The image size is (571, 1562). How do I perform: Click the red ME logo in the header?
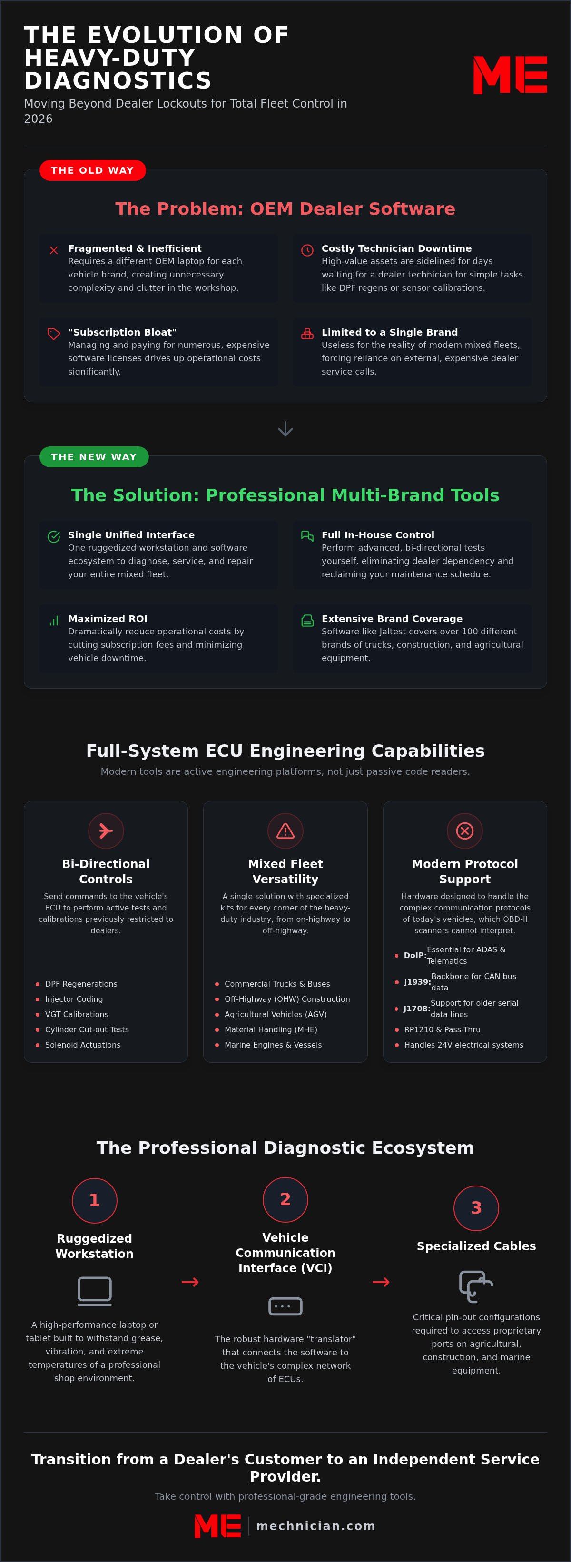tap(510, 75)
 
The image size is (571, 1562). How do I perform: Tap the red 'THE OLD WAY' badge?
tap(93, 170)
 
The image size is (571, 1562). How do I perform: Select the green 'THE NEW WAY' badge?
tap(94, 456)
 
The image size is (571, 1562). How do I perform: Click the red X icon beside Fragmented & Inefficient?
tap(54, 250)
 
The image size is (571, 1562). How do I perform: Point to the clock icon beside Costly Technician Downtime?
tap(307, 250)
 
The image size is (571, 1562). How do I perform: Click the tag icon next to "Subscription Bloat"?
tap(54, 334)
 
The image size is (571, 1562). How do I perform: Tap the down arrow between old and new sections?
tap(285, 429)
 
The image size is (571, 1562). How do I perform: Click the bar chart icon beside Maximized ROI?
tap(54, 620)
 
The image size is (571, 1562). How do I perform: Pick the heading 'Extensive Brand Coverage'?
tap(392, 619)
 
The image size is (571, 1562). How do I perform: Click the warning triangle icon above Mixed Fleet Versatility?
tap(285, 830)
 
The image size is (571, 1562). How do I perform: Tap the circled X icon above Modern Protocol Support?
tap(465, 830)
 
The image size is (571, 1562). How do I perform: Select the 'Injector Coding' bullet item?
tap(74, 998)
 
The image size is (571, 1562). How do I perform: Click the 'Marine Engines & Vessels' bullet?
tap(273, 1044)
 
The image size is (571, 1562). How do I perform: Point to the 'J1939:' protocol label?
tap(417, 982)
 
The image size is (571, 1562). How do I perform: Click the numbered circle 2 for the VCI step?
tap(285, 1199)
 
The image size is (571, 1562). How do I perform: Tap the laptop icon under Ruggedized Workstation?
tap(95, 1290)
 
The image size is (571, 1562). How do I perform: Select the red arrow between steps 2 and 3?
tap(381, 1281)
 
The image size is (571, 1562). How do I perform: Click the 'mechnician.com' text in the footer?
tap(316, 1526)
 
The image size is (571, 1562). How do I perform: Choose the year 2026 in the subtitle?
tap(38, 119)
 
